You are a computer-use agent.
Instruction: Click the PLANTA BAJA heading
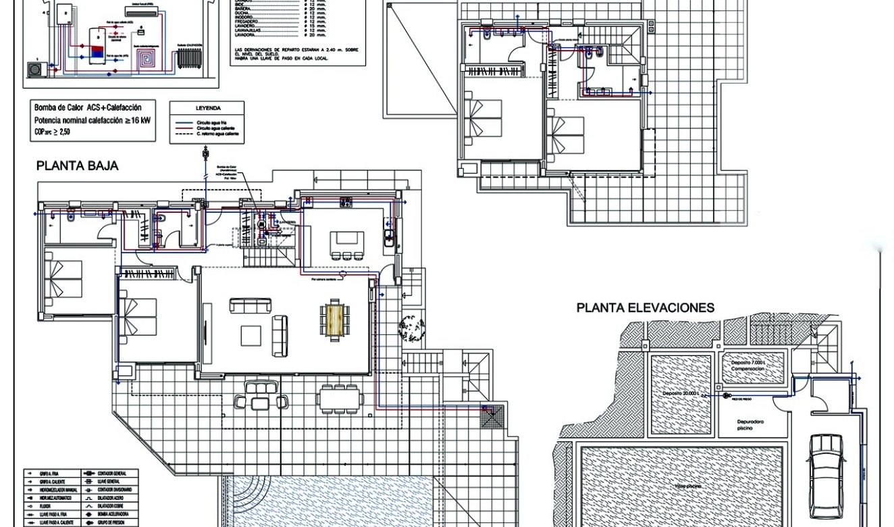click(77, 166)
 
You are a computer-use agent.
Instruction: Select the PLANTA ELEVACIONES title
click(645, 308)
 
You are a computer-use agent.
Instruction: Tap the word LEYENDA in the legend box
click(208, 108)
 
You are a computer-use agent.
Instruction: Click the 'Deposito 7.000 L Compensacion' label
click(747, 366)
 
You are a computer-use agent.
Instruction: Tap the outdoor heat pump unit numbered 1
click(34, 69)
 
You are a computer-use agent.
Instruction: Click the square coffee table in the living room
click(251, 336)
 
